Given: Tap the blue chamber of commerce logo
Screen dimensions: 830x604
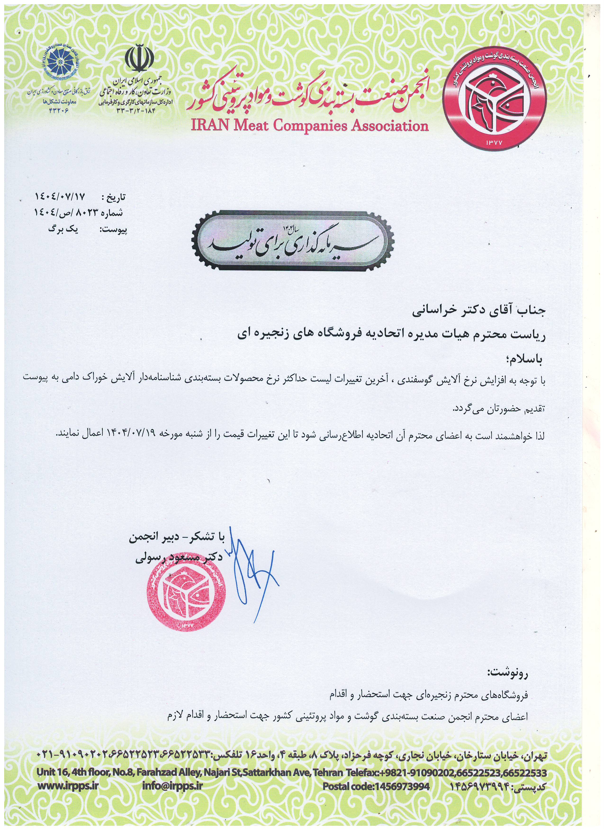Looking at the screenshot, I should [58, 62].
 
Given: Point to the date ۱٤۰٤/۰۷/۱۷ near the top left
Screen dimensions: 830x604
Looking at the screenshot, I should [60, 197].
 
